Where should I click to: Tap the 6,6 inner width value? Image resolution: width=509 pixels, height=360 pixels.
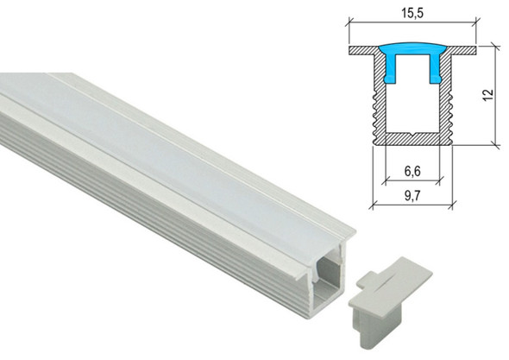pyautogui.click(x=412, y=172)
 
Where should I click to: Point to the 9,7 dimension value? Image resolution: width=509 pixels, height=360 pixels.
pyautogui.click(x=412, y=197)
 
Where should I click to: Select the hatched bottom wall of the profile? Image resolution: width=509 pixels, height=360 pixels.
pyautogui.click(x=412, y=138)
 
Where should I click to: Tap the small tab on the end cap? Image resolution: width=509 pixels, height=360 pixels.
pyautogui.click(x=373, y=281)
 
